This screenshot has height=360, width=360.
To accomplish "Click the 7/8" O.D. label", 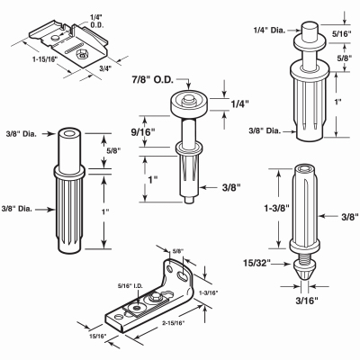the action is (152, 80).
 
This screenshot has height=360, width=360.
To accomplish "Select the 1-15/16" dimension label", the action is (44, 59).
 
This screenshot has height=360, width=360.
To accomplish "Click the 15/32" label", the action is (257, 263).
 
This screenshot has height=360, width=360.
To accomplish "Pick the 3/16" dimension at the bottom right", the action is (307, 301).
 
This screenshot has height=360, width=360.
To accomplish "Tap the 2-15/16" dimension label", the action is (174, 323).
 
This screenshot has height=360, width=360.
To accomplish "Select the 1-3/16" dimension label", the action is (209, 292).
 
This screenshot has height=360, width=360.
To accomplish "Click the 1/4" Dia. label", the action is (269, 31).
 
